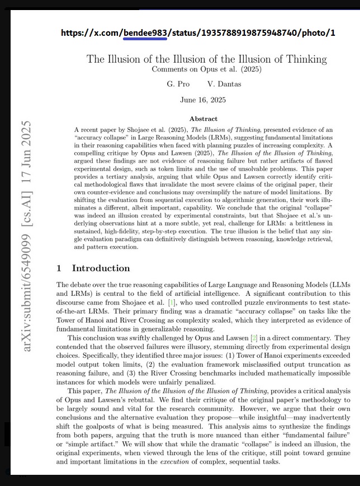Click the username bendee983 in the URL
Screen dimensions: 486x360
pyautogui.click(x=144, y=33)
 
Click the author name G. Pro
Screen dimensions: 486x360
pyautogui.click(x=178, y=84)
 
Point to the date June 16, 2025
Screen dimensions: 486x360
pyautogui.click(x=203, y=100)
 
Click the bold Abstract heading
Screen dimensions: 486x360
pyautogui.click(x=203, y=119)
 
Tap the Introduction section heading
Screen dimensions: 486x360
pyautogui.click(x=101, y=268)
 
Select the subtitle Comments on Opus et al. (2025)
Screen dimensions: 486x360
pyautogui.click(x=206, y=70)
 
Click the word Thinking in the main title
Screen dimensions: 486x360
pyautogui.click(x=305, y=59)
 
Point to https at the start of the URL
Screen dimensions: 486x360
pyautogui.click(x=72, y=33)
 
